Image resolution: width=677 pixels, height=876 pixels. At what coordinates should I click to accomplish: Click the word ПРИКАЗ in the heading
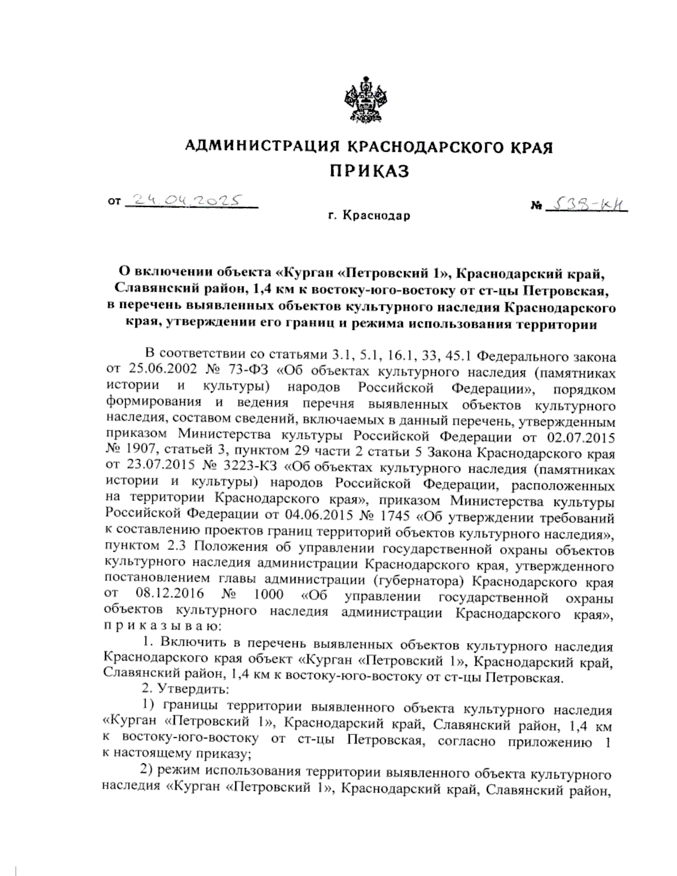pos(369,171)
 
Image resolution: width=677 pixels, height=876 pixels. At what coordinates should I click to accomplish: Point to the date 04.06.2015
pos(309,517)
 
